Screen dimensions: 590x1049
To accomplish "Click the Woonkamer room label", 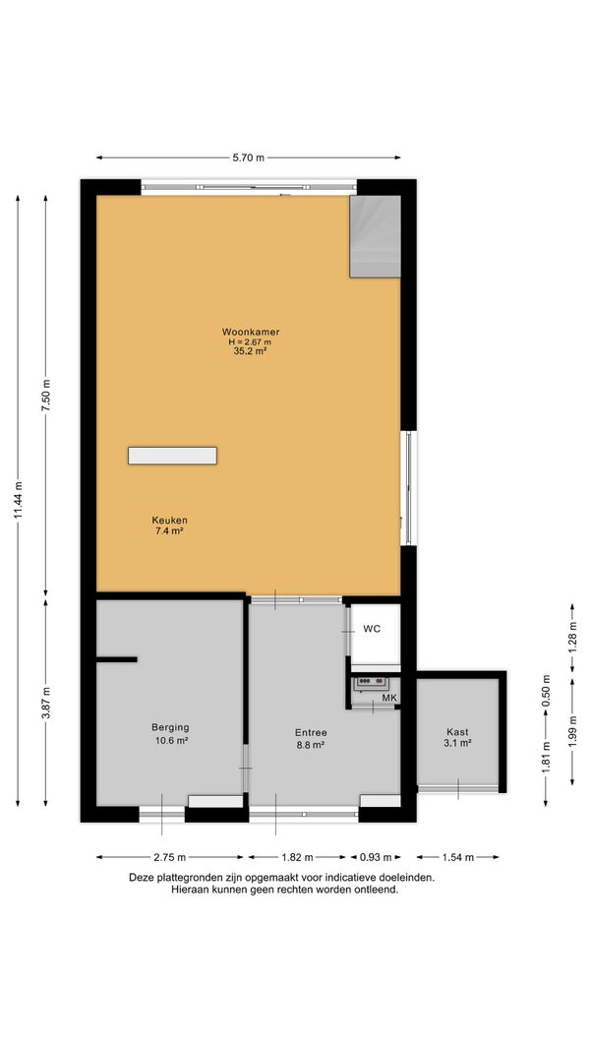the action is [x=251, y=332].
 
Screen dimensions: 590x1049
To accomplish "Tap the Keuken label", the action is [x=169, y=520].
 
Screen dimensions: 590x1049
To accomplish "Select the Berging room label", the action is [x=170, y=727].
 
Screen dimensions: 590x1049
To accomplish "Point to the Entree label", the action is [x=311, y=732].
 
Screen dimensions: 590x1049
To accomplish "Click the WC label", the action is [x=372, y=629].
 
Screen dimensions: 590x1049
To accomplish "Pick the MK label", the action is [x=389, y=699].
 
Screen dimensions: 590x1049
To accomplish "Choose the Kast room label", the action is [x=457, y=732].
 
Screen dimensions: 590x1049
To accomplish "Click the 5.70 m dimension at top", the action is [x=249, y=157].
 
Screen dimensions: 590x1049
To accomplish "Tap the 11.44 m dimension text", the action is [x=18, y=500].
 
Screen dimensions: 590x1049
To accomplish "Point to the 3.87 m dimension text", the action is [x=46, y=704].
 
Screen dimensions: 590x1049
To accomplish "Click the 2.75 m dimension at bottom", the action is [x=170, y=857].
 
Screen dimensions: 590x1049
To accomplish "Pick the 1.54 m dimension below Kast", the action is [x=457, y=857].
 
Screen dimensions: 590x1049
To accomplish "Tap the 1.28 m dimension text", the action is [x=572, y=639].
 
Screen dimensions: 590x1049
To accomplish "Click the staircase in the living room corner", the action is [x=375, y=236].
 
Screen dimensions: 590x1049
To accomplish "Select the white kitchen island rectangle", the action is [x=172, y=456].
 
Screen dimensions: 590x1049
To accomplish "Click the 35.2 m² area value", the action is [x=245, y=350].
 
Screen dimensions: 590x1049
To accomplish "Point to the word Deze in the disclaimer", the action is [x=141, y=877].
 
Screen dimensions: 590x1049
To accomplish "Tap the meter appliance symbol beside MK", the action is [x=372, y=682].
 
